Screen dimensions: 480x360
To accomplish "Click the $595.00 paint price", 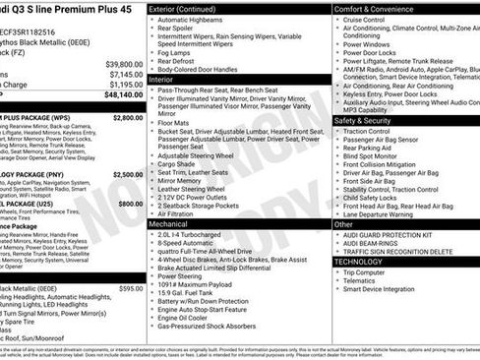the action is (x=130, y=288).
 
